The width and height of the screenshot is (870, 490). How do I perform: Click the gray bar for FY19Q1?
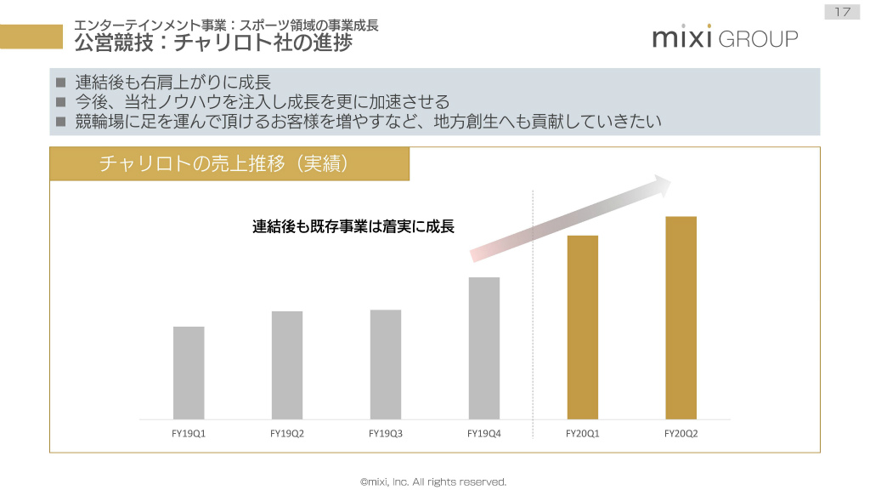[x=189, y=373]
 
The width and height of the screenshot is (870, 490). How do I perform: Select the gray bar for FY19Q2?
[x=287, y=365]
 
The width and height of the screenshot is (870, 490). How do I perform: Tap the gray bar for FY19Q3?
[x=386, y=364]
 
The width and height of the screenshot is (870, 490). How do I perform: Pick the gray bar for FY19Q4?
[x=484, y=348]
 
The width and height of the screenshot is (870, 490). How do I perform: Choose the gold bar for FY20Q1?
[x=583, y=328]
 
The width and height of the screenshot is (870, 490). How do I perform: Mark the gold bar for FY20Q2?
[x=681, y=318]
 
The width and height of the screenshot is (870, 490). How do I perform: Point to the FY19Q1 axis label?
[x=189, y=433]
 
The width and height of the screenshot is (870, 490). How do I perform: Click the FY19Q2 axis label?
[x=287, y=433]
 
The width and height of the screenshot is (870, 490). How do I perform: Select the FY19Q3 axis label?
[x=386, y=433]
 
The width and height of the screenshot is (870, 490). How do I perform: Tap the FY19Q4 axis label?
[x=484, y=433]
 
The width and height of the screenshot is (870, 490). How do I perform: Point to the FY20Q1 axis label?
[x=583, y=433]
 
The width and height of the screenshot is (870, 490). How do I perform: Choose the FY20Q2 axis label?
[x=681, y=433]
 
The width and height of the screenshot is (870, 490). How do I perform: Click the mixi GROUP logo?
[x=725, y=38]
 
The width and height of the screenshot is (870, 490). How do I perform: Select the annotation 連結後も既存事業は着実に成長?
[x=353, y=227]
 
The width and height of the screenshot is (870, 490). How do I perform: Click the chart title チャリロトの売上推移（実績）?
[x=224, y=163]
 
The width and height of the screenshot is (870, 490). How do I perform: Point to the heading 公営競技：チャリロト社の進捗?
[x=213, y=42]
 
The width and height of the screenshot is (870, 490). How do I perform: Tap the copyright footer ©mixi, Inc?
[x=434, y=481]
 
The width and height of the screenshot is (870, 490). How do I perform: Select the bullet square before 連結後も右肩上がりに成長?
[x=60, y=83]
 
